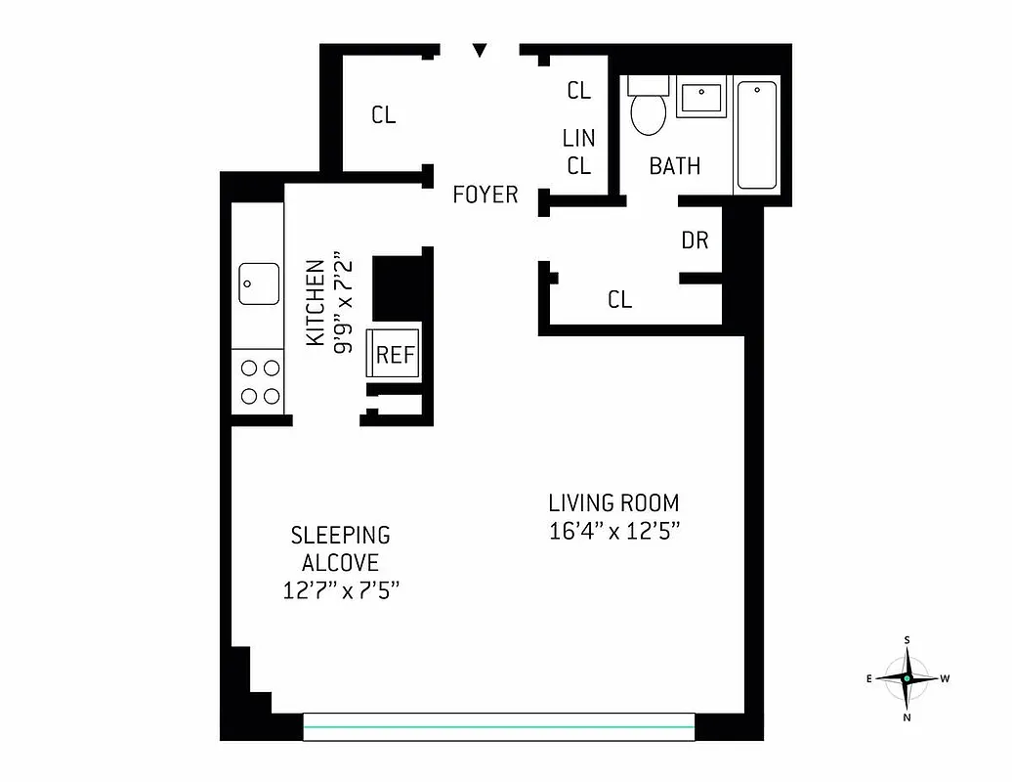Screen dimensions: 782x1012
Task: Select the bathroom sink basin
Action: point(702,98)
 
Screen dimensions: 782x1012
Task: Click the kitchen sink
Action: point(259,284)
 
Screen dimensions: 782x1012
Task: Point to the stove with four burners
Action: point(259,381)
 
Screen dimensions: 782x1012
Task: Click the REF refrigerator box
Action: point(395,354)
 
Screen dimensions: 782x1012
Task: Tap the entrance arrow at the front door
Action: point(479,50)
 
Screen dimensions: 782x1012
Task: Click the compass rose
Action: point(907,678)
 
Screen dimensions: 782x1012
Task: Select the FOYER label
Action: point(485,195)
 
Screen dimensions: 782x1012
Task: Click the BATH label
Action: point(675,166)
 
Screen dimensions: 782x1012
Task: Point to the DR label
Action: point(695,239)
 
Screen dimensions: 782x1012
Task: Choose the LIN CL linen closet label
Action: point(578,152)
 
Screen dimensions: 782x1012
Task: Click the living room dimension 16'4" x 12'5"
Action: point(613,533)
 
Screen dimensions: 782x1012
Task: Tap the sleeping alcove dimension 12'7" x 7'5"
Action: point(340,590)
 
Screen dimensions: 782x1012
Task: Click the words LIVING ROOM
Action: point(613,503)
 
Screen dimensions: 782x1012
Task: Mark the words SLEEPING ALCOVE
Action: point(340,548)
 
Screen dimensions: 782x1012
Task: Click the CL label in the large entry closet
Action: point(384,115)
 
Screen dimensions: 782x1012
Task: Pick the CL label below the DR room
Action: point(619,299)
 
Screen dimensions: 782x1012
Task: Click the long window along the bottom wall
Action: point(498,726)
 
